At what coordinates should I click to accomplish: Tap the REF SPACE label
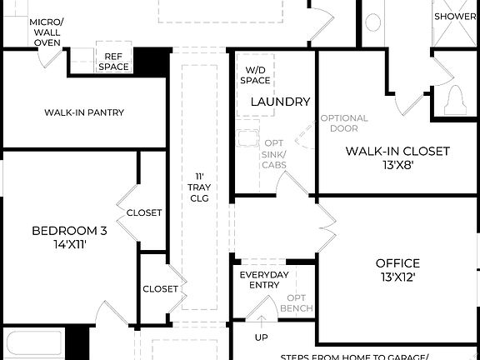[x=112, y=61]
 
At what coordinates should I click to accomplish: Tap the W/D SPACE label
[x=256, y=75]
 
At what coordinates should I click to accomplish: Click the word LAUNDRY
[x=280, y=102]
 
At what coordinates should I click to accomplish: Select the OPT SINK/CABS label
[x=275, y=154]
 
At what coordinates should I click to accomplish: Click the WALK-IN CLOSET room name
[x=397, y=151]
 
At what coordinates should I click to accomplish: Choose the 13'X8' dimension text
[x=397, y=165]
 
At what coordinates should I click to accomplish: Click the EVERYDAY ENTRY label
[x=264, y=279]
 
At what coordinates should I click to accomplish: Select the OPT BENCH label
[x=299, y=303]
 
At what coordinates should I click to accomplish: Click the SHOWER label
[x=455, y=16]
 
